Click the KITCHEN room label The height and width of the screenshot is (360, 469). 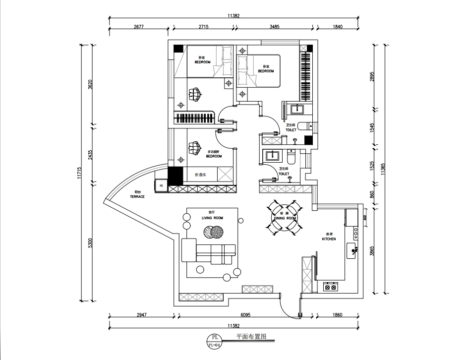329,239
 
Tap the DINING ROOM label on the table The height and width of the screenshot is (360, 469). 285,218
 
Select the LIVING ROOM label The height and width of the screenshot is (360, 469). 212,218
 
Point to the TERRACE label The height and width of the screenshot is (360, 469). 137,196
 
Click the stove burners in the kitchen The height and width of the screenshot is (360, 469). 330,286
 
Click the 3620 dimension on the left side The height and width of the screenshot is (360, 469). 90,84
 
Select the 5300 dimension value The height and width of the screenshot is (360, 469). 90,243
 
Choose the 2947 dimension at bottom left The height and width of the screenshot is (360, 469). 141,315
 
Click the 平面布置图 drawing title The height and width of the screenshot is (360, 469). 251,336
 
